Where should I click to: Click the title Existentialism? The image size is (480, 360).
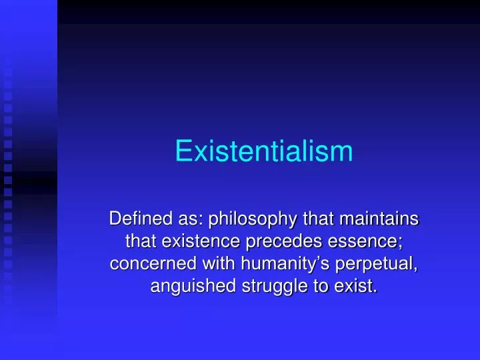(x=263, y=151)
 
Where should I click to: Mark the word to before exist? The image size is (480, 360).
(x=325, y=287)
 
